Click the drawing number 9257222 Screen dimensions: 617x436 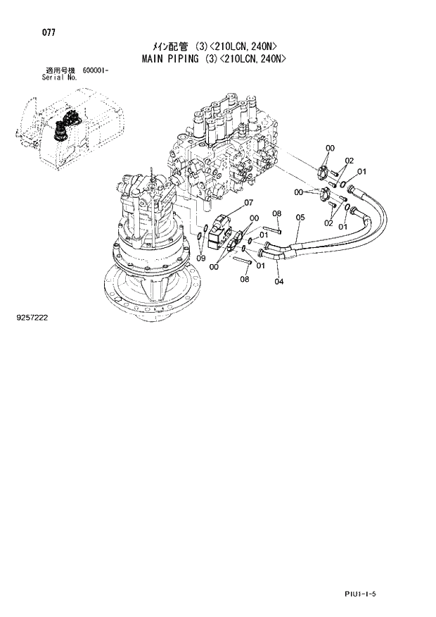(31, 318)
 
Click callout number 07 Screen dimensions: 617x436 (248, 204)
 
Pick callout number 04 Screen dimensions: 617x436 (278, 282)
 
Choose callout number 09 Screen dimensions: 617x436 (202, 258)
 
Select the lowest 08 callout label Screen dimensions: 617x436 (245, 279)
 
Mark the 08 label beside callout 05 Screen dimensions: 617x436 (276, 213)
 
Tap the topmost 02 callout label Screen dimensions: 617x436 (349, 161)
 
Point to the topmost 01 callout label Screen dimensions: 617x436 (361, 171)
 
